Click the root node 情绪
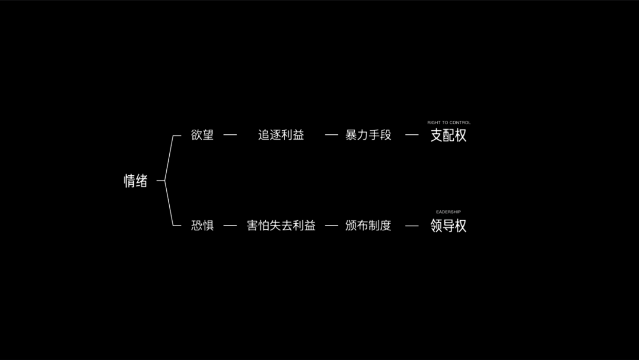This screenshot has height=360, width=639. click(135, 181)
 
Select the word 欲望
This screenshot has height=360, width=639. click(202, 135)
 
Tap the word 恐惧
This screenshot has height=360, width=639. click(202, 226)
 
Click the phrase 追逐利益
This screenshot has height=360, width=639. click(281, 135)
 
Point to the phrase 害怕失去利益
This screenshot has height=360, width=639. click(281, 226)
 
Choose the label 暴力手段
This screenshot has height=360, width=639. click(369, 135)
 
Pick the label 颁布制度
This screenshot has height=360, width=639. click(369, 226)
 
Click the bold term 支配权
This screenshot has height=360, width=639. click(448, 136)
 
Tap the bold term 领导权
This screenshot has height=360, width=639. click(448, 226)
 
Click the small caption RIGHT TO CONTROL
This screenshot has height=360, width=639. click(449, 123)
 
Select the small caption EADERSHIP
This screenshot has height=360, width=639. click(448, 211)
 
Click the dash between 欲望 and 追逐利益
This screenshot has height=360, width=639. click(230, 135)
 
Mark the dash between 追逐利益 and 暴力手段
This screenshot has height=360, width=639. click(331, 135)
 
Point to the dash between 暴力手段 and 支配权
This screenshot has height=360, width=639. click(412, 135)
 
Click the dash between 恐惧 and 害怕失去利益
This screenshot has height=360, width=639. click(230, 226)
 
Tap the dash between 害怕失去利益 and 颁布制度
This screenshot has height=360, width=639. click(331, 226)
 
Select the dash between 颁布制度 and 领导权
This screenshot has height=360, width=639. click(412, 226)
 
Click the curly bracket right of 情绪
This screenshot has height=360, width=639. click(169, 181)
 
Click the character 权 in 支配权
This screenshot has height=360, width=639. click(461, 136)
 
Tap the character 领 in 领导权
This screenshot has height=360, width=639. click(437, 226)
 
